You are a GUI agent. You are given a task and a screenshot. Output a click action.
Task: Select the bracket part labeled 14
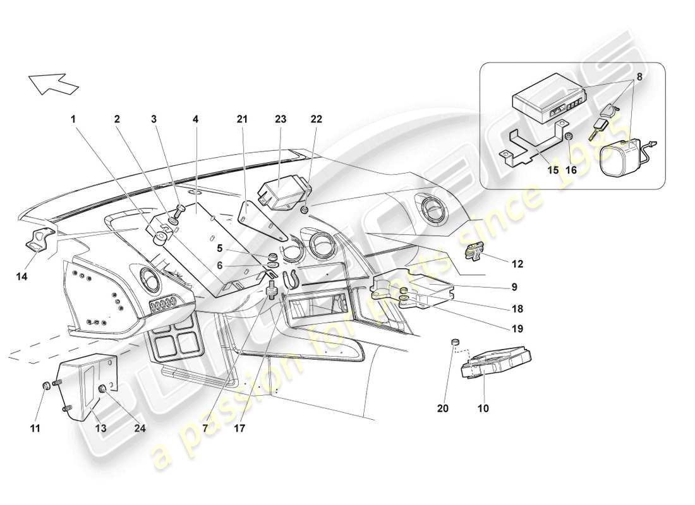[39, 240]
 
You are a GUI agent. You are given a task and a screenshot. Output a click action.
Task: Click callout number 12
[517, 263]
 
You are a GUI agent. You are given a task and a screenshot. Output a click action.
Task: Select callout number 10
[483, 408]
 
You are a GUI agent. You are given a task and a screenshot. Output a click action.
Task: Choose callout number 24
[140, 427]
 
